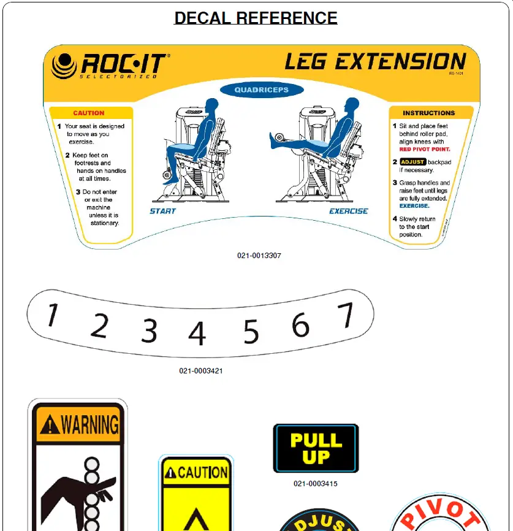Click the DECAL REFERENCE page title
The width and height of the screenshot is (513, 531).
point(256,18)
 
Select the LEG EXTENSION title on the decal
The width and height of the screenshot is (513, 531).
point(375,62)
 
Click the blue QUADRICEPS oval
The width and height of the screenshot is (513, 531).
point(261,90)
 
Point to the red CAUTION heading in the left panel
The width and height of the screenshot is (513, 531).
point(89,113)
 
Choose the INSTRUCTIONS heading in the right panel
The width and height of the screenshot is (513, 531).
point(428,113)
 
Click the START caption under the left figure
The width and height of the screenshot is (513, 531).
point(163,211)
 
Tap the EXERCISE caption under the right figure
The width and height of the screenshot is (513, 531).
point(349,211)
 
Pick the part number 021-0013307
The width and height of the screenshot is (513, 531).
point(259,256)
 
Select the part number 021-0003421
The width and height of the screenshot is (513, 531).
point(201,371)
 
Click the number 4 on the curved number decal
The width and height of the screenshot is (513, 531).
point(197,334)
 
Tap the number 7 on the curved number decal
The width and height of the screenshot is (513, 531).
point(347,315)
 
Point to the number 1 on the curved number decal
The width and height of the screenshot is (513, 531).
point(53,315)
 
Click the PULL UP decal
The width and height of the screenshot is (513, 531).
point(316,448)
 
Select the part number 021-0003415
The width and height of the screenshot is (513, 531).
point(315,484)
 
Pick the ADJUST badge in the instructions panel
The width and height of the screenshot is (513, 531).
point(412,162)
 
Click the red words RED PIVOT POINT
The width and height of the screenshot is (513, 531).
point(425,149)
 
